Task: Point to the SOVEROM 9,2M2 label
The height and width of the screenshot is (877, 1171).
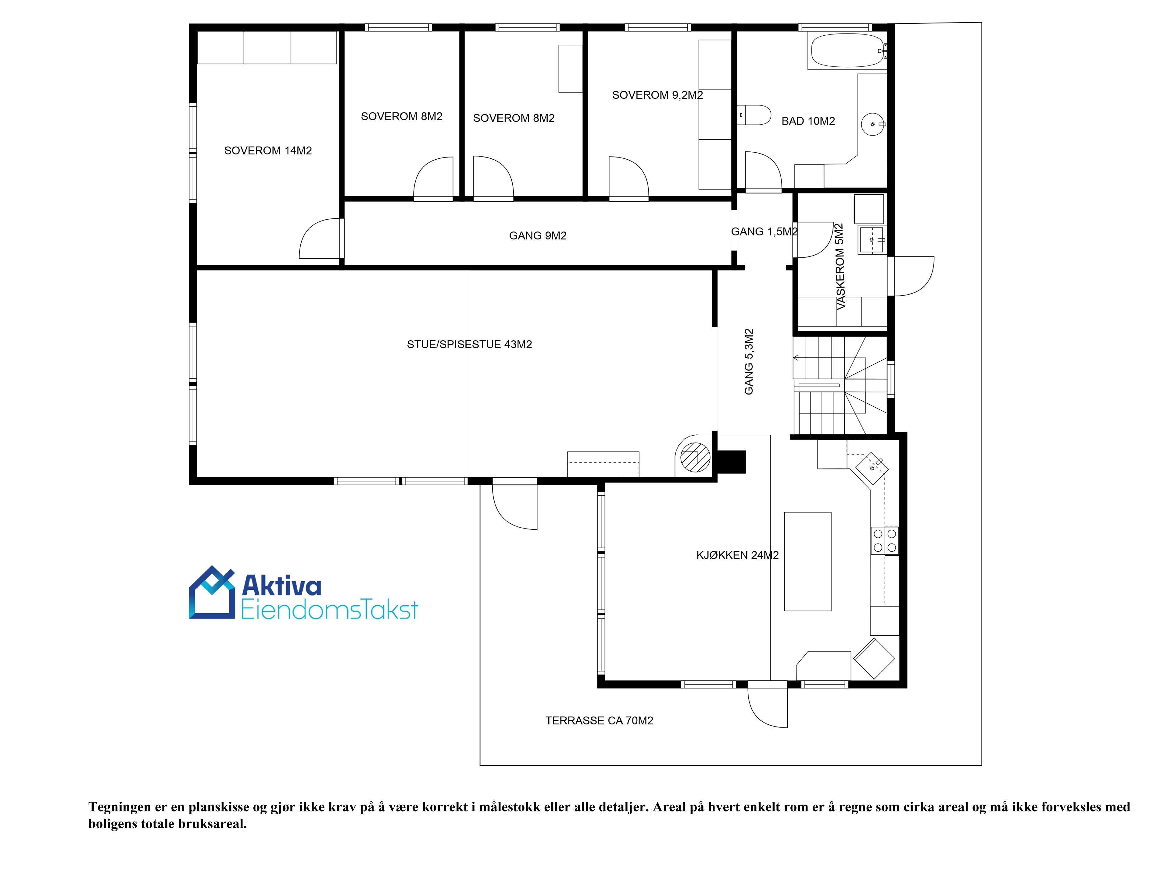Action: point(657,95)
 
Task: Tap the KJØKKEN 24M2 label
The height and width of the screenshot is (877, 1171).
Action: point(737,555)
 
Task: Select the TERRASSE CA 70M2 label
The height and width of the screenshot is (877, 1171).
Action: point(599,720)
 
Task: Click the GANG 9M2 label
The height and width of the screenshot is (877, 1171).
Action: point(538,236)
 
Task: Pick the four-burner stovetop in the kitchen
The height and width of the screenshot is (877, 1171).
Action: point(885,540)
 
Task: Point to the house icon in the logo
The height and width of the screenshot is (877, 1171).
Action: point(212,592)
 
